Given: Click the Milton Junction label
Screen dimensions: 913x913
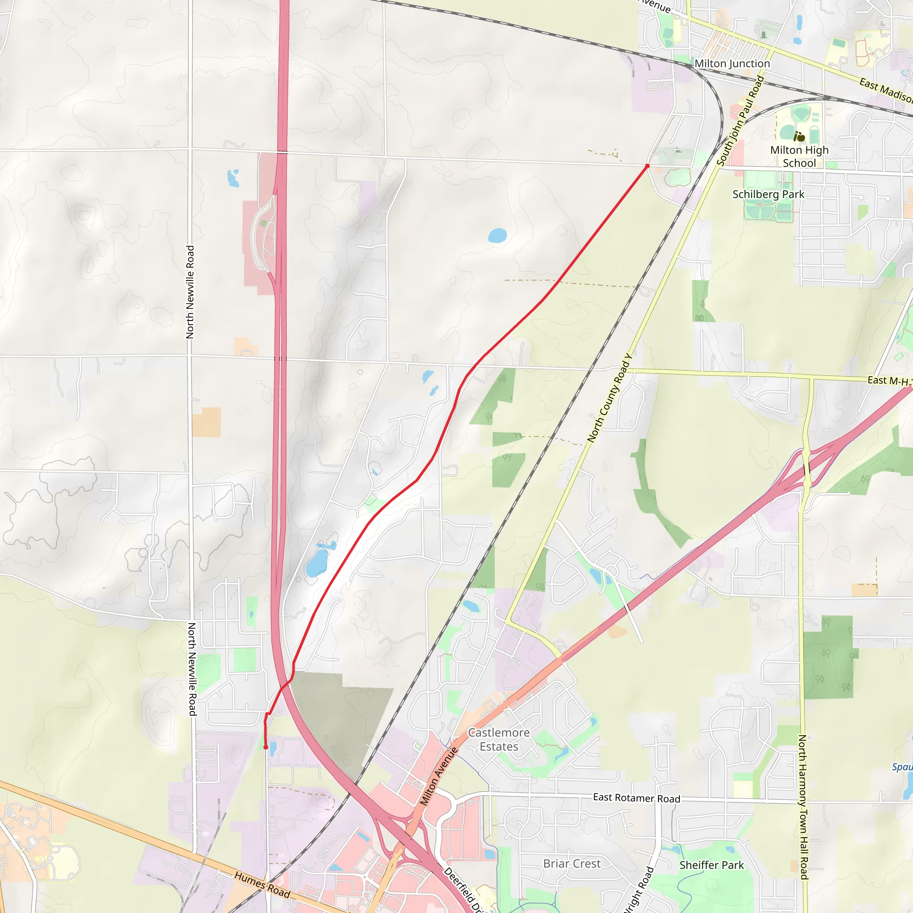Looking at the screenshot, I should point(732,64).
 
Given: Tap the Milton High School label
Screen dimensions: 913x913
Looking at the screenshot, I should point(799,156).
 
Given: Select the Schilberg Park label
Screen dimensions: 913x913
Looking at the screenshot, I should point(768,194).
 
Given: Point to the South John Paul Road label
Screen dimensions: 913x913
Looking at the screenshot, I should point(740,121).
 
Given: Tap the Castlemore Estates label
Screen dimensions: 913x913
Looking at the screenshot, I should point(498,740).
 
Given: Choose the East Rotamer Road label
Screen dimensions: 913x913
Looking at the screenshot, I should point(636,798).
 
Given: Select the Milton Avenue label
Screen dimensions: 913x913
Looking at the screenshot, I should point(439,776).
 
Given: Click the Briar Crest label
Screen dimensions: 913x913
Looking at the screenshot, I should point(572,864).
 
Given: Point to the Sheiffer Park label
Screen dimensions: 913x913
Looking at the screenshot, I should point(711,865).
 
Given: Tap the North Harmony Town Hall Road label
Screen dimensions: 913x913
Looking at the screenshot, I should point(803,806).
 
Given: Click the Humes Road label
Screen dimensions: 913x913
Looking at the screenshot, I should point(262,884).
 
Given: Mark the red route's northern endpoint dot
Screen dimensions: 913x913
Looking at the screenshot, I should point(647,166).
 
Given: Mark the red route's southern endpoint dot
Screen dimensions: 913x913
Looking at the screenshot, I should point(266,747).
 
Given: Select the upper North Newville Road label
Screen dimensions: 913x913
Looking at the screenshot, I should point(190,292).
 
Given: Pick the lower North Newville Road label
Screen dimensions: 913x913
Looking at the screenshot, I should point(192,669).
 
